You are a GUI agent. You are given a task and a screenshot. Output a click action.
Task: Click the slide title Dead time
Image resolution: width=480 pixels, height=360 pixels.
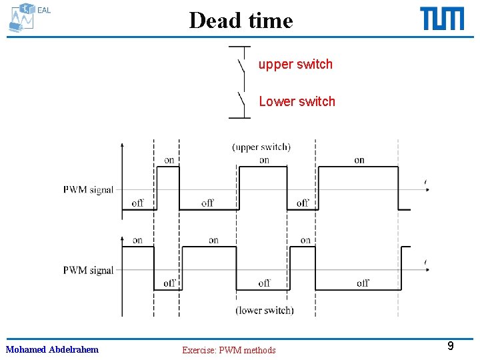[x=241, y=20]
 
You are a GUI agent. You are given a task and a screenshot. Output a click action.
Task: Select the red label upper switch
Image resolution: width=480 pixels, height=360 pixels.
[x=295, y=64]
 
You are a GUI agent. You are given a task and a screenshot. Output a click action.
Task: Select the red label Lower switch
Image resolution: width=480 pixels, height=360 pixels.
[x=297, y=101]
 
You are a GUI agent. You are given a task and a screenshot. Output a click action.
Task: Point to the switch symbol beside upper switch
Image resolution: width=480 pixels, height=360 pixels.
[x=241, y=65]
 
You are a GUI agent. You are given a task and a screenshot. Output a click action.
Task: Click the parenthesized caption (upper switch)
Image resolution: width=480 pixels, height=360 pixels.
[x=261, y=147]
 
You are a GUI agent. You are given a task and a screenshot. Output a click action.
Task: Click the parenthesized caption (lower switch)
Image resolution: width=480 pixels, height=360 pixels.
[x=264, y=310]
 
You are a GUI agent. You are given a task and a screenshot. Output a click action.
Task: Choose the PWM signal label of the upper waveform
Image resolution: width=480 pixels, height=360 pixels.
[x=88, y=189]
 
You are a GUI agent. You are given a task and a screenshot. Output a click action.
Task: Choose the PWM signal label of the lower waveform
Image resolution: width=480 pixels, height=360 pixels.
[x=88, y=270]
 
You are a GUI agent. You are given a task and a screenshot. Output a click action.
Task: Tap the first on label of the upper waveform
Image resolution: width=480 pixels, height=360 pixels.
[x=169, y=160]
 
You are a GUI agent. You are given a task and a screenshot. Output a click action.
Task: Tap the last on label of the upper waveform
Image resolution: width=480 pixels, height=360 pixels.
[x=359, y=160]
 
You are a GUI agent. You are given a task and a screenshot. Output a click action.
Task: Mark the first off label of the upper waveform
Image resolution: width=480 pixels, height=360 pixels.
[x=137, y=203]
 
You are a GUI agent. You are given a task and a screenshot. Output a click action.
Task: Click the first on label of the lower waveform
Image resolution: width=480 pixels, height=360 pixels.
[x=137, y=240]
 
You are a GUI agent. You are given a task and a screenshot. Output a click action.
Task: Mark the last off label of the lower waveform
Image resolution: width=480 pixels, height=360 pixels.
[x=363, y=283]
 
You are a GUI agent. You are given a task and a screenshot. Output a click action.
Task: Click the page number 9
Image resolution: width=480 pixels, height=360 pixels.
[x=451, y=346]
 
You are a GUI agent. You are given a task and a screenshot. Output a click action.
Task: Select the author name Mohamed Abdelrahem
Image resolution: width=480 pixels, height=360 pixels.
[x=52, y=349]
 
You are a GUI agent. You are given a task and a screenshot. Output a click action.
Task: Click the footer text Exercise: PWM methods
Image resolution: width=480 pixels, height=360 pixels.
[x=229, y=350]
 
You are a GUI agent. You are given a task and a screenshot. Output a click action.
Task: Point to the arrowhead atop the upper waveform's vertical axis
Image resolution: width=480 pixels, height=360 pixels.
[x=121, y=144]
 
